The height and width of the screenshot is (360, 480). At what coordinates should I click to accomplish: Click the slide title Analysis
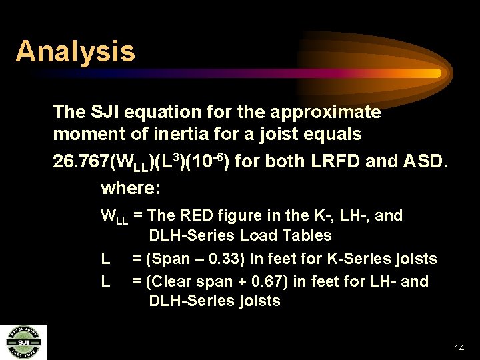75,51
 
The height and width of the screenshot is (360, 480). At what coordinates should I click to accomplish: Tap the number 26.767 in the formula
81,162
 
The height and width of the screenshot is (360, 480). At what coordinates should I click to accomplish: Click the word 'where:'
131,189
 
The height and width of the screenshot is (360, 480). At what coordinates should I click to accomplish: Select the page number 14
458,348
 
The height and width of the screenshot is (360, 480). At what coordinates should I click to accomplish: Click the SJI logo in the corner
23,342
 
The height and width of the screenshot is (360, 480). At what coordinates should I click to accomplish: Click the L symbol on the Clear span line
105,281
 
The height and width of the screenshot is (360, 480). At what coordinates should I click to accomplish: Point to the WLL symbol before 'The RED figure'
114,217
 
